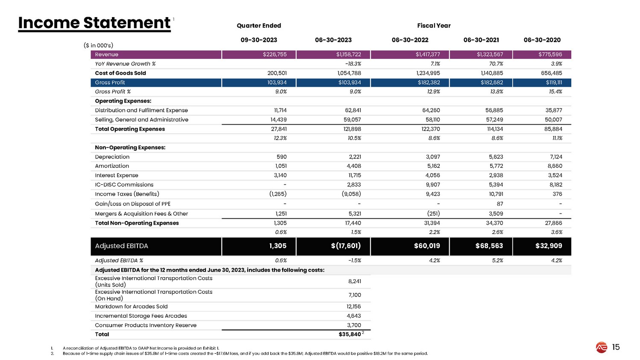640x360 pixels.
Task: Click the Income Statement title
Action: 94,23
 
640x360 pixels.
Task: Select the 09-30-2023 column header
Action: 259,40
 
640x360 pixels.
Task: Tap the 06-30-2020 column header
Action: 542,40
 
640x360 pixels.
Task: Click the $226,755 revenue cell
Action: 275,55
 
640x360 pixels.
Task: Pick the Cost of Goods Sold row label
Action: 120,73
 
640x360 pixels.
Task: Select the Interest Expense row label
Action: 117,175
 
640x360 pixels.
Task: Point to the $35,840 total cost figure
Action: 350,334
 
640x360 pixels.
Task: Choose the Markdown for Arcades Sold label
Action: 131,307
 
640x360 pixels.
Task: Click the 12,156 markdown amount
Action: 354,307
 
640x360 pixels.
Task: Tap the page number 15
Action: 616,347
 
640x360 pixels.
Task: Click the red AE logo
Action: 602,348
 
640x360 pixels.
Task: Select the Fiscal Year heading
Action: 434,26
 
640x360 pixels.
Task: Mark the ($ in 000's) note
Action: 98,45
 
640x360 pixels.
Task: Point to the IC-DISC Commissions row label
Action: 124,184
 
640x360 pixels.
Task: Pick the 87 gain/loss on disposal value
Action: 500,204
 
